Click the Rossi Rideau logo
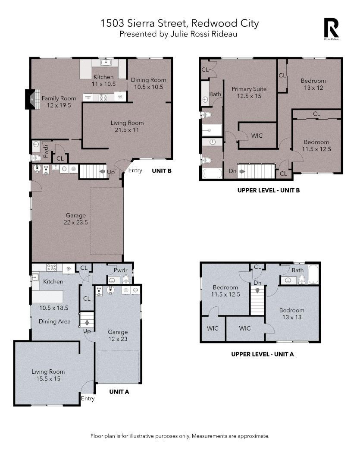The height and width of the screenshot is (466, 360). (x=331, y=29)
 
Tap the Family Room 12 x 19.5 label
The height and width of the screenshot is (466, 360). (x=59, y=102)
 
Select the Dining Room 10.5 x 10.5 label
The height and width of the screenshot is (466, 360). (x=148, y=83)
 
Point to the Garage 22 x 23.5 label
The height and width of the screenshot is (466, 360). (x=76, y=219)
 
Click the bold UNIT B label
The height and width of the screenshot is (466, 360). (x=162, y=171)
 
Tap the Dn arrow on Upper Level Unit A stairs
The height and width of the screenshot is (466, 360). (x=257, y=290)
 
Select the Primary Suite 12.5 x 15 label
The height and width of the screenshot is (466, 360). (x=249, y=92)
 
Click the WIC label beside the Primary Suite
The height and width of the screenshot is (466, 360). (x=257, y=135)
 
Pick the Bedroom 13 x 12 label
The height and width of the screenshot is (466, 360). (x=313, y=84)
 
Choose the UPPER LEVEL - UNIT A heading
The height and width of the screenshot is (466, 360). (x=263, y=354)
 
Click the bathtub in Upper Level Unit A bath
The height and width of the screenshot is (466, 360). (x=313, y=274)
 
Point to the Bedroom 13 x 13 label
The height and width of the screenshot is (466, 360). (x=292, y=314)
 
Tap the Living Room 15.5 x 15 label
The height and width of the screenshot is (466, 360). (x=48, y=375)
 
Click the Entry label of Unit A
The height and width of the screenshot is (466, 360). (x=88, y=399)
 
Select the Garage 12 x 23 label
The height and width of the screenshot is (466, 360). (x=118, y=336)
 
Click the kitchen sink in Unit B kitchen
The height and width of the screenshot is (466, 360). (x=105, y=62)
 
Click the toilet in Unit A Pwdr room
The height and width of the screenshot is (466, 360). (x=126, y=279)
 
